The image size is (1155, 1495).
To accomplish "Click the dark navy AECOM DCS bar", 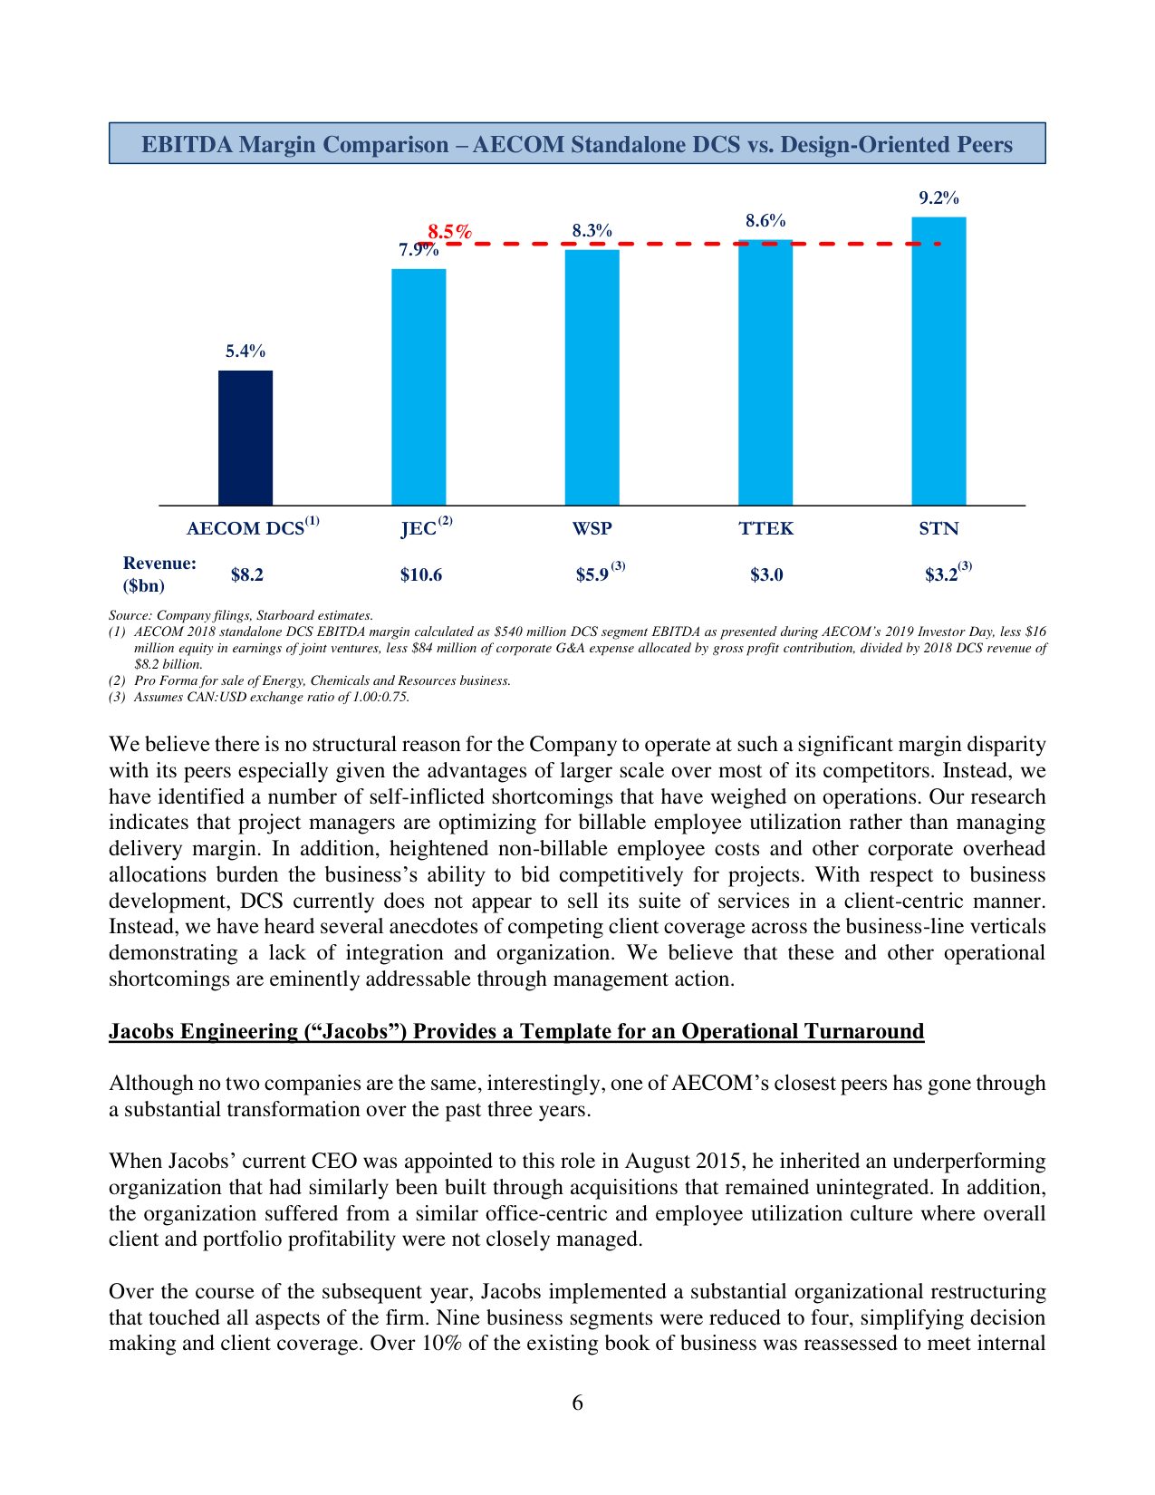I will (245, 438).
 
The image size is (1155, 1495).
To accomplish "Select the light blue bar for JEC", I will (419, 387).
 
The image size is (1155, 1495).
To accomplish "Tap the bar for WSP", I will (592, 377).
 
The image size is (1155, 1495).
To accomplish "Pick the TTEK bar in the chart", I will (765, 372).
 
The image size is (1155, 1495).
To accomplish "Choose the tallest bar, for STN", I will (938, 361).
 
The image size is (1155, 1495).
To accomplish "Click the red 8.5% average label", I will (450, 232).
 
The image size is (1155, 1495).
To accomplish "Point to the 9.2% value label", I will (938, 198).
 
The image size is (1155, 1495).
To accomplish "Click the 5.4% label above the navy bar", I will (245, 352).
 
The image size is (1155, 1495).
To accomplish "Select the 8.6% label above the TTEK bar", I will (765, 221).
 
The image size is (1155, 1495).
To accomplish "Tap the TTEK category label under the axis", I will (765, 528).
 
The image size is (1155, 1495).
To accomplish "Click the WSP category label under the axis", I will (592, 528).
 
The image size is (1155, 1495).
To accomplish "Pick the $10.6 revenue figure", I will (420, 575).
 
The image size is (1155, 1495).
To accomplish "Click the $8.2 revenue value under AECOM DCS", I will (246, 575).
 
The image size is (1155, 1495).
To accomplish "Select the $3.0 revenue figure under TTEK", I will (765, 575).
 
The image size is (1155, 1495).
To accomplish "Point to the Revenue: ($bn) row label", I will (159, 574).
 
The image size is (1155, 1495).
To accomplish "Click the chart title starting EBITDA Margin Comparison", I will (577, 144).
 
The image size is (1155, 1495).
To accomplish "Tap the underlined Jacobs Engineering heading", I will (516, 1031).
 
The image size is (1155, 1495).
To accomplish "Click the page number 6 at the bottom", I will (577, 1403).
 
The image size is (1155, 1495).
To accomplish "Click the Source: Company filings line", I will (241, 615).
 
